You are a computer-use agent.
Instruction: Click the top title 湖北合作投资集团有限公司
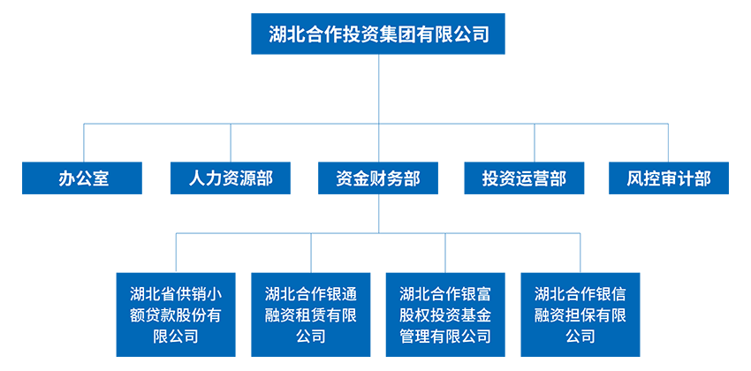379,34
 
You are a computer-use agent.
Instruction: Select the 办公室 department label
84,178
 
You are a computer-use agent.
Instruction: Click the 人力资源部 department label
231,178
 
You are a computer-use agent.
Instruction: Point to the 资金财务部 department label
378,178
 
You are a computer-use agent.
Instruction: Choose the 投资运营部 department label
524,178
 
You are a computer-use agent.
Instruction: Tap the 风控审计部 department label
669,178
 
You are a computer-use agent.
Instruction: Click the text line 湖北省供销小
176,294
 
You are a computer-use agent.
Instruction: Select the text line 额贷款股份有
176,315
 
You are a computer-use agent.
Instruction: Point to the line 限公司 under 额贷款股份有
176,337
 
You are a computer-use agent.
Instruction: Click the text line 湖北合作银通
311,294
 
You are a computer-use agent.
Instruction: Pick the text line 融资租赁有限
311,315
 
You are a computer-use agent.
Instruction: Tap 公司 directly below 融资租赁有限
311,337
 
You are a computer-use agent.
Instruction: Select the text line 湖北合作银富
445,294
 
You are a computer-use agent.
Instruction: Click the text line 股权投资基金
445,315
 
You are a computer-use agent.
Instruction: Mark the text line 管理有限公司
445,337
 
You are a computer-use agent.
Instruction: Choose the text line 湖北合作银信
580,294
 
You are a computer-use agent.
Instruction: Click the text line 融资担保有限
580,315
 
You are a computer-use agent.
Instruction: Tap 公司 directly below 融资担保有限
580,337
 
